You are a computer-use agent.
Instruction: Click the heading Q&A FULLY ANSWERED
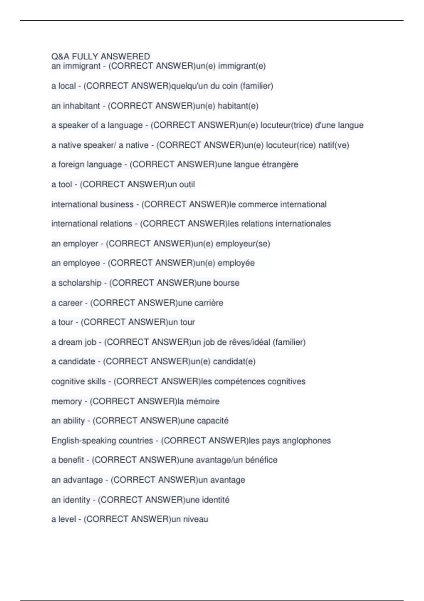(100, 57)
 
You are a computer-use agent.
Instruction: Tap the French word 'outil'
(187, 185)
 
